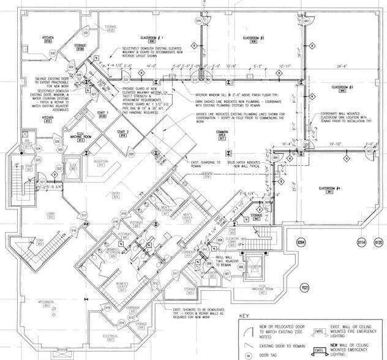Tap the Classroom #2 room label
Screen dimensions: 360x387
(253, 39)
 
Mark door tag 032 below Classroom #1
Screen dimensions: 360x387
(125, 80)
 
